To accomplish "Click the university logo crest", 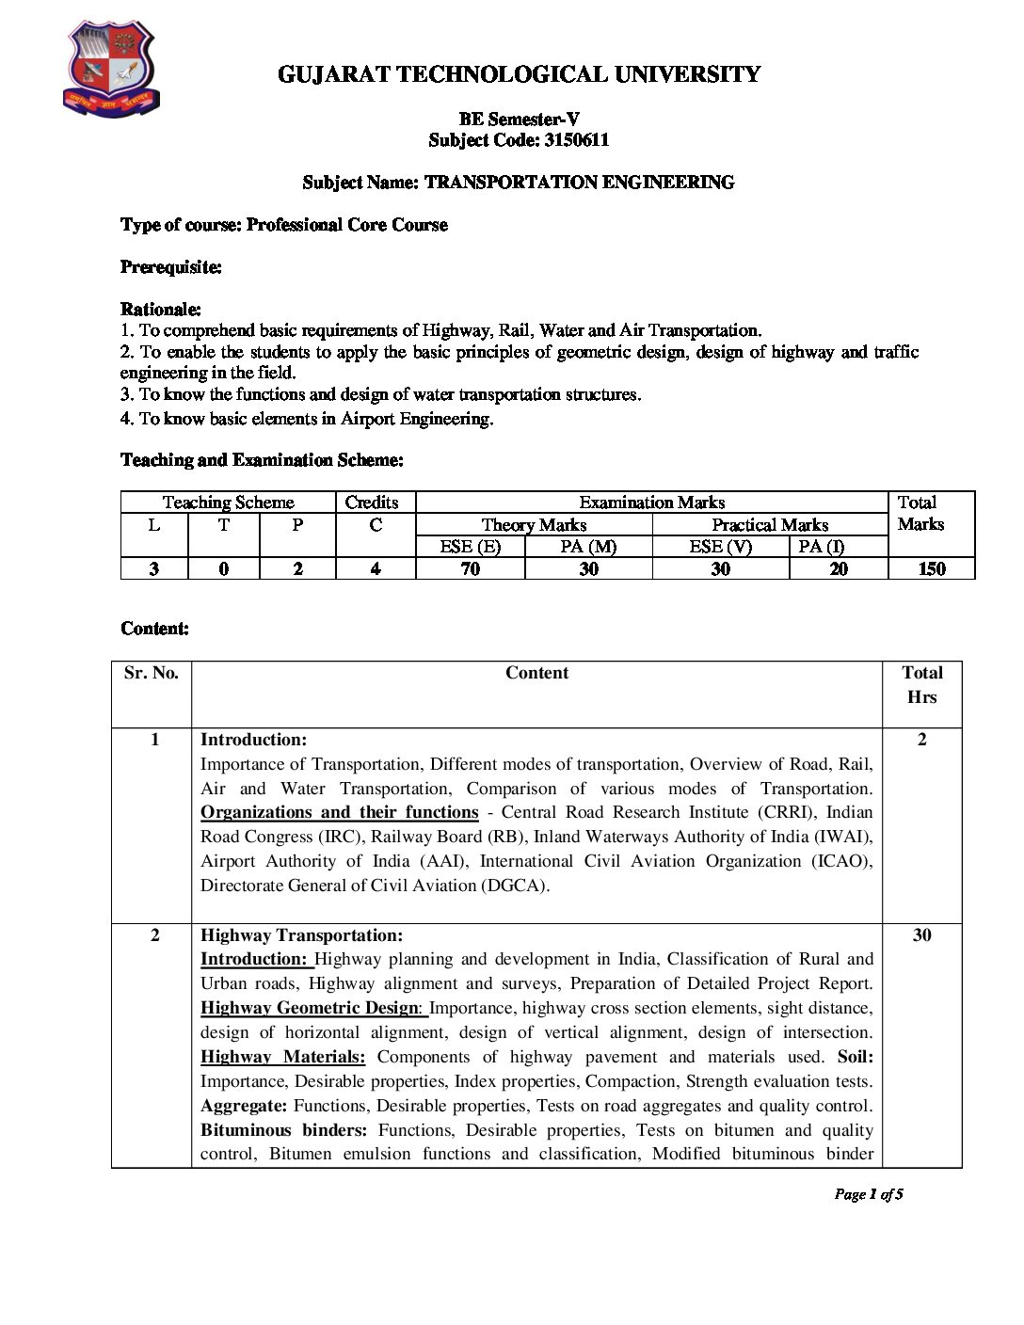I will pos(111,71).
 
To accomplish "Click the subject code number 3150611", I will pos(576,140).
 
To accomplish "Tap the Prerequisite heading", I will pos(171,267).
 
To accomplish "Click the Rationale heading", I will pos(161,310).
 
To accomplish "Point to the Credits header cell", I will pos(372,503).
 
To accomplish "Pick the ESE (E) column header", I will pos(470,547).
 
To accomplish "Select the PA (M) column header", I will pos(588,547).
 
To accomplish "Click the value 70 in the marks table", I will pos(470,568).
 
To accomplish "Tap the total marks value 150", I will pos(931,568).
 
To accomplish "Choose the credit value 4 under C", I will pos(376,568).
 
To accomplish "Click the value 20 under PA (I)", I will pos(838,568).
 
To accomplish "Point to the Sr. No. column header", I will pos(152,673).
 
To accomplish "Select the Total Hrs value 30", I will pos(921,935).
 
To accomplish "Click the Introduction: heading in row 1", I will pos(253,740).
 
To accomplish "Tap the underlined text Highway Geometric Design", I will pos(309,1008).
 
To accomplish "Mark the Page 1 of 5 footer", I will pos(868,1195).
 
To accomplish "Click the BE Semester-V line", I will pos(519,120).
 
